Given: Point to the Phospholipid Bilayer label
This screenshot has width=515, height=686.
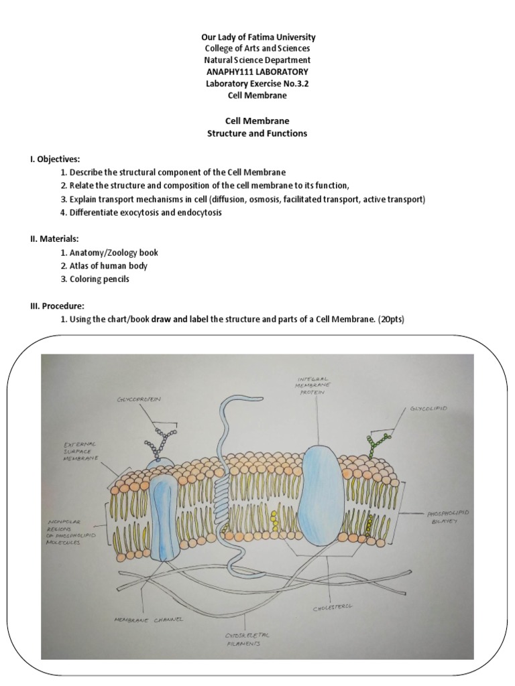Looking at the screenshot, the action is pos(449,517).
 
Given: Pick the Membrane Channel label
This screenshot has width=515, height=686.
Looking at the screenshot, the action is pos(149,620).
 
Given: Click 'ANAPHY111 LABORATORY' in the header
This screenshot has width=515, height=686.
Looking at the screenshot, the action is pos(257,72).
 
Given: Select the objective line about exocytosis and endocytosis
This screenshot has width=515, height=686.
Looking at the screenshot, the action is pos(141,212).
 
